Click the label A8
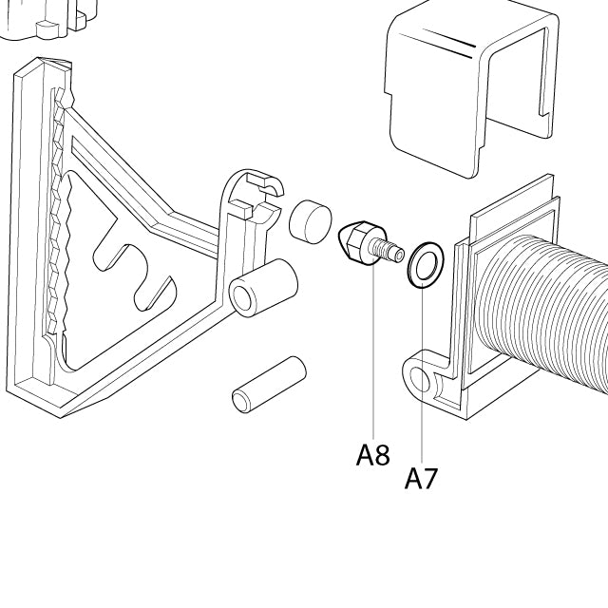373,455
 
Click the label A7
421,478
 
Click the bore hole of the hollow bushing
244,300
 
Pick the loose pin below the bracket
268,384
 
